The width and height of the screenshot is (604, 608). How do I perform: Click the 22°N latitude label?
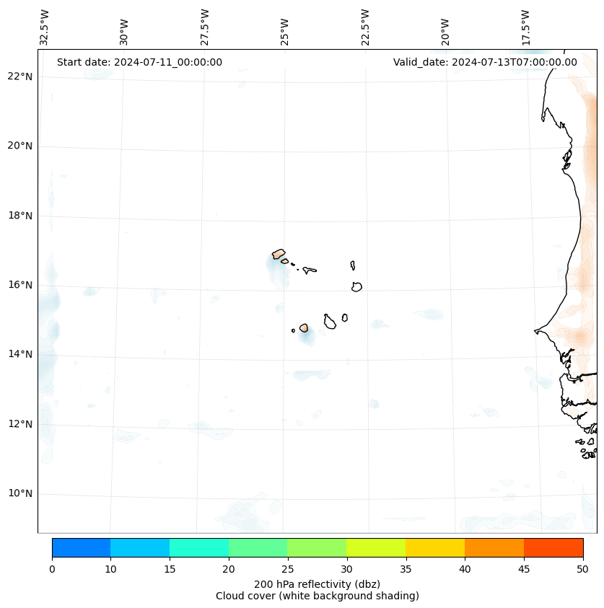coord(20,76)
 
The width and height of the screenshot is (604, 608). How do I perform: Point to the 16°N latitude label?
coord(20,285)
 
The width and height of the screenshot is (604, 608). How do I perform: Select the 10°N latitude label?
coord(20,493)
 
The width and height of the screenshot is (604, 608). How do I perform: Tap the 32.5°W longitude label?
coord(45,27)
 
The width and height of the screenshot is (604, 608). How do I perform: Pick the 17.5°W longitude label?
coord(526,27)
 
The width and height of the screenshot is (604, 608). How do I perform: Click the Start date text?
coord(139,62)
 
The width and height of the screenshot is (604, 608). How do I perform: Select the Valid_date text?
coord(485,62)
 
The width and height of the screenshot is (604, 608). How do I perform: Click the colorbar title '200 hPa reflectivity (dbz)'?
coord(317,583)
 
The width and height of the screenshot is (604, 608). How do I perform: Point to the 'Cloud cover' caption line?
coord(317,596)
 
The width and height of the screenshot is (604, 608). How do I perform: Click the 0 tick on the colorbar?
coord(52,570)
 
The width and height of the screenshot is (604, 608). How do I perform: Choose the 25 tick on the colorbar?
coord(287,570)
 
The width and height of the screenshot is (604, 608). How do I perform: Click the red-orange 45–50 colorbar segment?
coord(553,547)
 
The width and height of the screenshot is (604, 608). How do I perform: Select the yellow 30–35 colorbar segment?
coord(375,547)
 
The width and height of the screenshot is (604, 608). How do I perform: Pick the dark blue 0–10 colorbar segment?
coord(81,547)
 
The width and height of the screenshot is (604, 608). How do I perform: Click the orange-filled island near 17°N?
coord(279,254)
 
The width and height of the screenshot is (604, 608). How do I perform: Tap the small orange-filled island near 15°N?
coord(304,327)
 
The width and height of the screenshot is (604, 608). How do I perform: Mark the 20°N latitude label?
coord(20,146)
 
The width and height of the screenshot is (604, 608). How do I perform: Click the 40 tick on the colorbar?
coord(465,570)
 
